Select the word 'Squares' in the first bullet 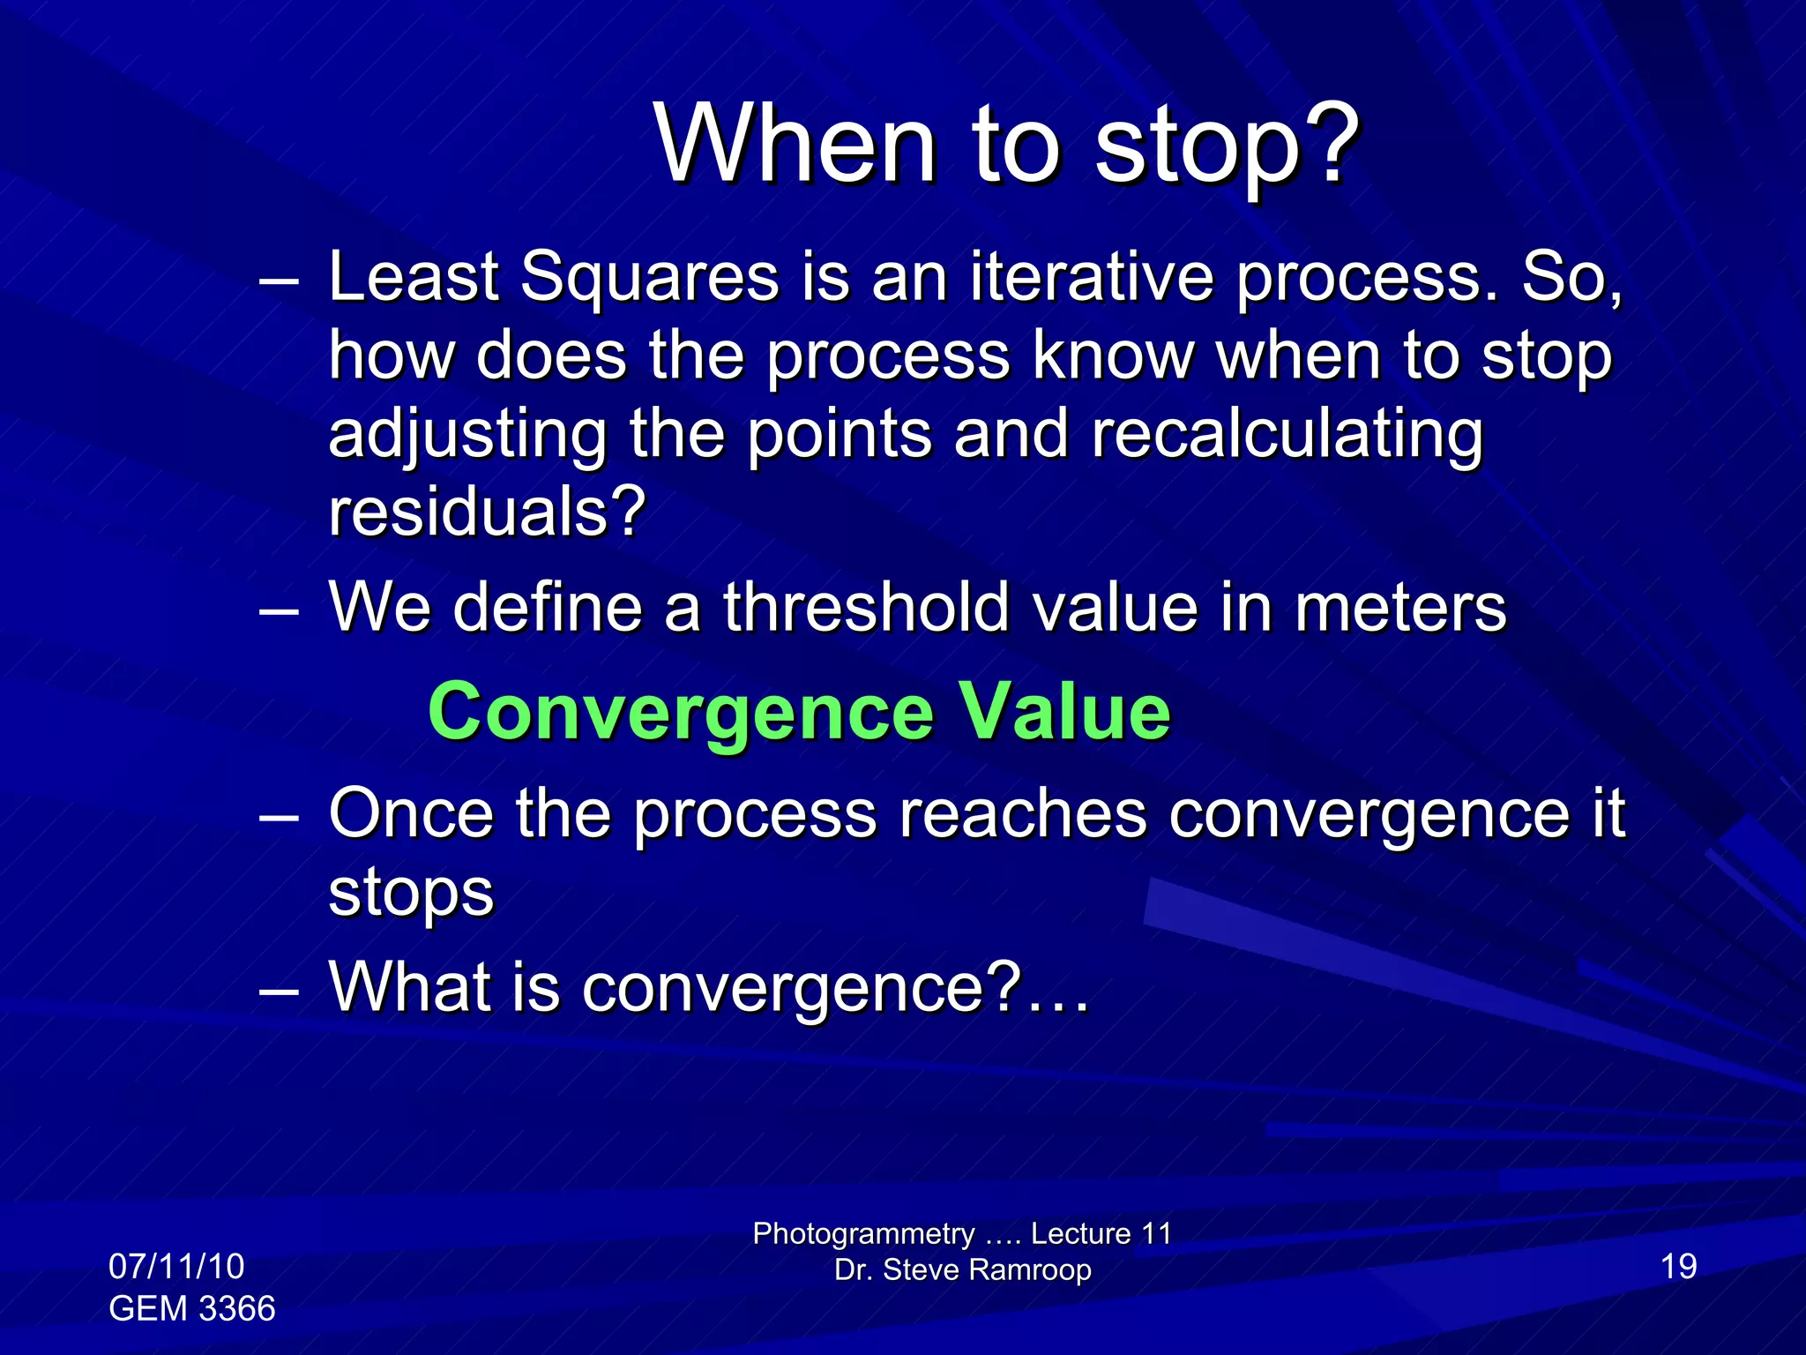[649, 277]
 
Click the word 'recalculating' [1287, 434]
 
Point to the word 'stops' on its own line [411, 892]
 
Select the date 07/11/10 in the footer [176, 1267]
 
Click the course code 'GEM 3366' [192, 1308]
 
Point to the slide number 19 [1678, 1267]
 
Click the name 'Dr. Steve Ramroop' [963, 1270]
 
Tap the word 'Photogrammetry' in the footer [863, 1233]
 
